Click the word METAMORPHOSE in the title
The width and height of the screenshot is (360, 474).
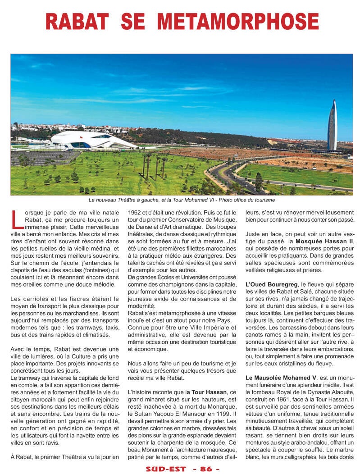pyautogui.click(x=240, y=21)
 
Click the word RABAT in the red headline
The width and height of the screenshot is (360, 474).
pyautogui.click(x=77, y=21)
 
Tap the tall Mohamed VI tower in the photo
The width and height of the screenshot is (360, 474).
pyautogui.click(x=332, y=126)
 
